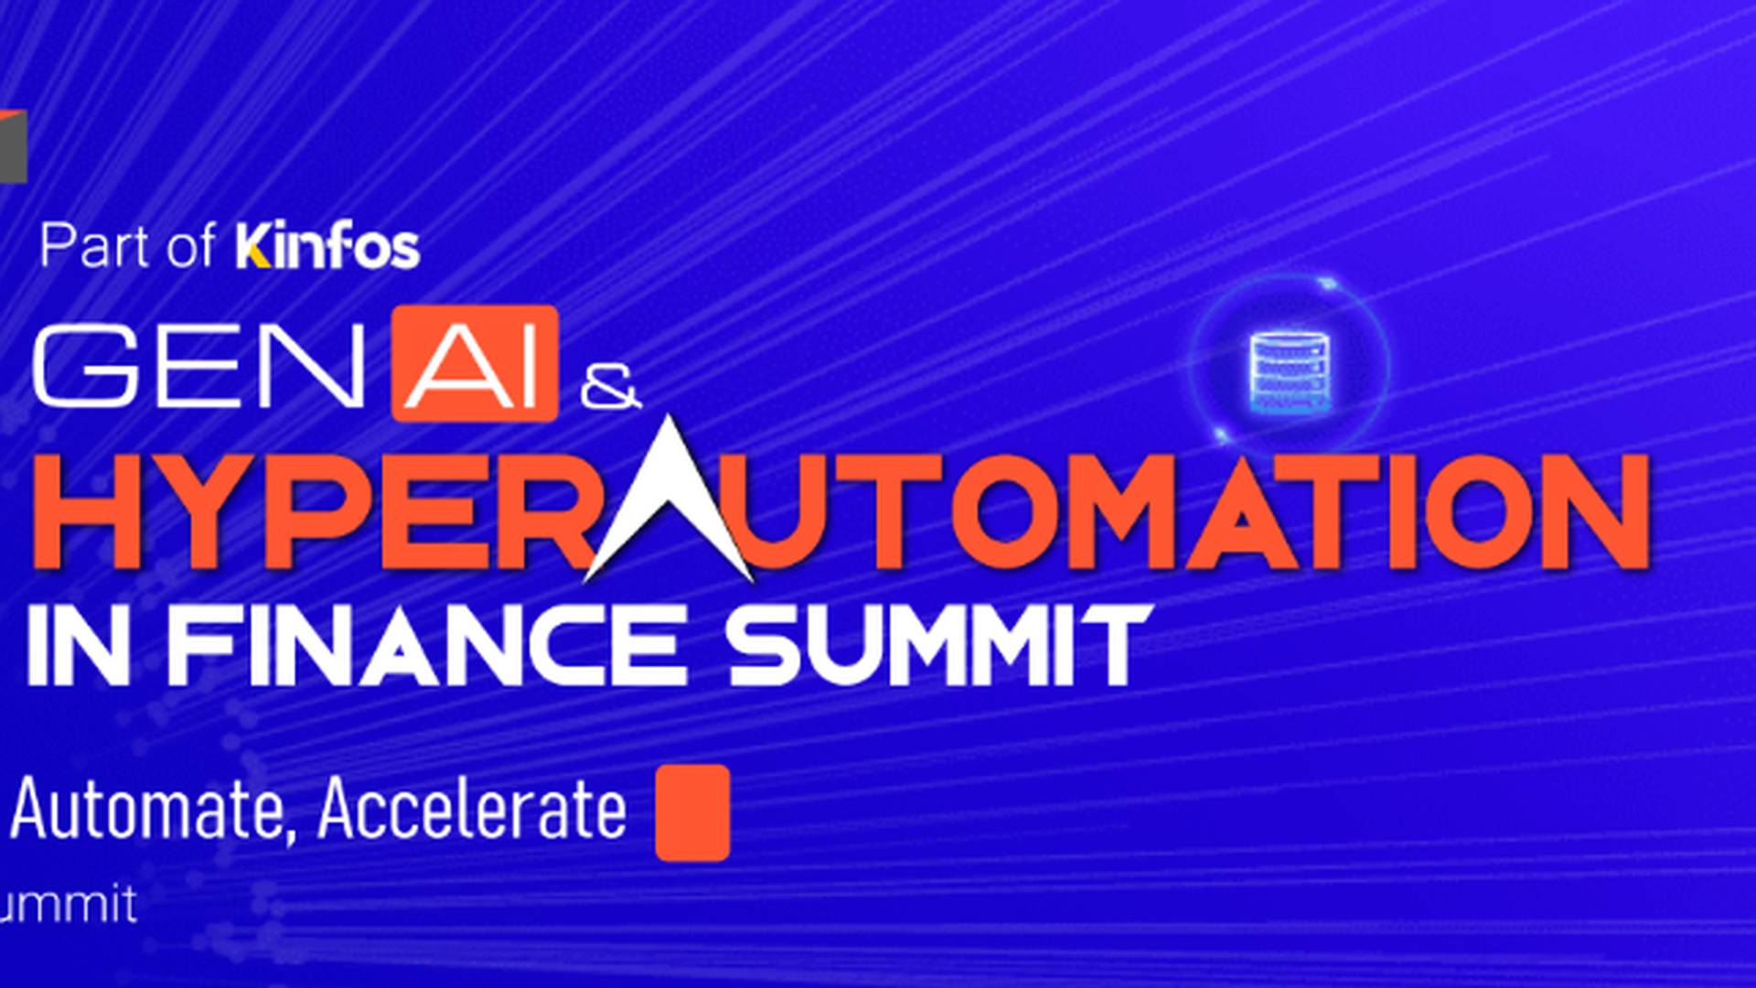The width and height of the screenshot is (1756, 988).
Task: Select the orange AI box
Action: point(475,363)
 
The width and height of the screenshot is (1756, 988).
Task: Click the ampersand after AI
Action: point(610,388)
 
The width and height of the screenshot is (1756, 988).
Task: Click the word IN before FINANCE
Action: point(78,645)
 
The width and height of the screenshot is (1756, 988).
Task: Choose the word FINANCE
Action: point(426,645)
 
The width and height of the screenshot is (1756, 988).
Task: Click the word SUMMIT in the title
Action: point(938,645)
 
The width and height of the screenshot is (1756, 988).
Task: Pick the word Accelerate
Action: point(472,809)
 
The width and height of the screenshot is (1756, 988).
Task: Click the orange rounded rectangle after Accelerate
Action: point(692,813)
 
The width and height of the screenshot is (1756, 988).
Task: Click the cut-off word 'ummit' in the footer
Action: point(69,904)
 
